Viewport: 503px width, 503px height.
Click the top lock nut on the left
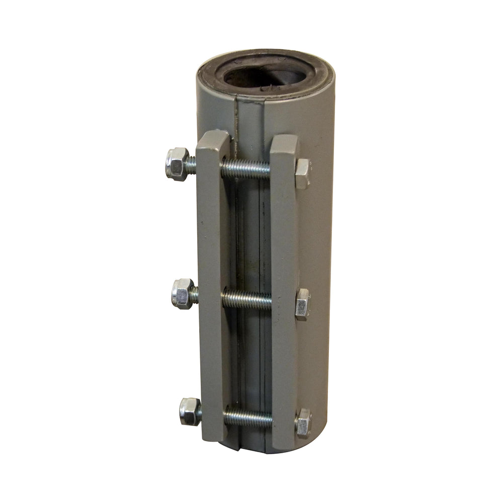click(x=177, y=163)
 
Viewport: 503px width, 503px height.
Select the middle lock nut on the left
click(x=182, y=293)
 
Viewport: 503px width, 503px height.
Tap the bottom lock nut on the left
click(x=190, y=411)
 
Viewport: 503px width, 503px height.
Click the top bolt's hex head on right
click(x=302, y=174)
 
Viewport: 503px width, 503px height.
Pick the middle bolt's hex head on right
click(x=302, y=304)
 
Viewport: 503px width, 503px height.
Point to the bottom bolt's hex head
click(x=303, y=423)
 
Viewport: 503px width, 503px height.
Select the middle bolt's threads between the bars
click(x=247, y=299)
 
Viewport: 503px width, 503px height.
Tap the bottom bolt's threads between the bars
click(x=248, y=417)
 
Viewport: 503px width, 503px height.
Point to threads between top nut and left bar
click(x=192, y=164)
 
